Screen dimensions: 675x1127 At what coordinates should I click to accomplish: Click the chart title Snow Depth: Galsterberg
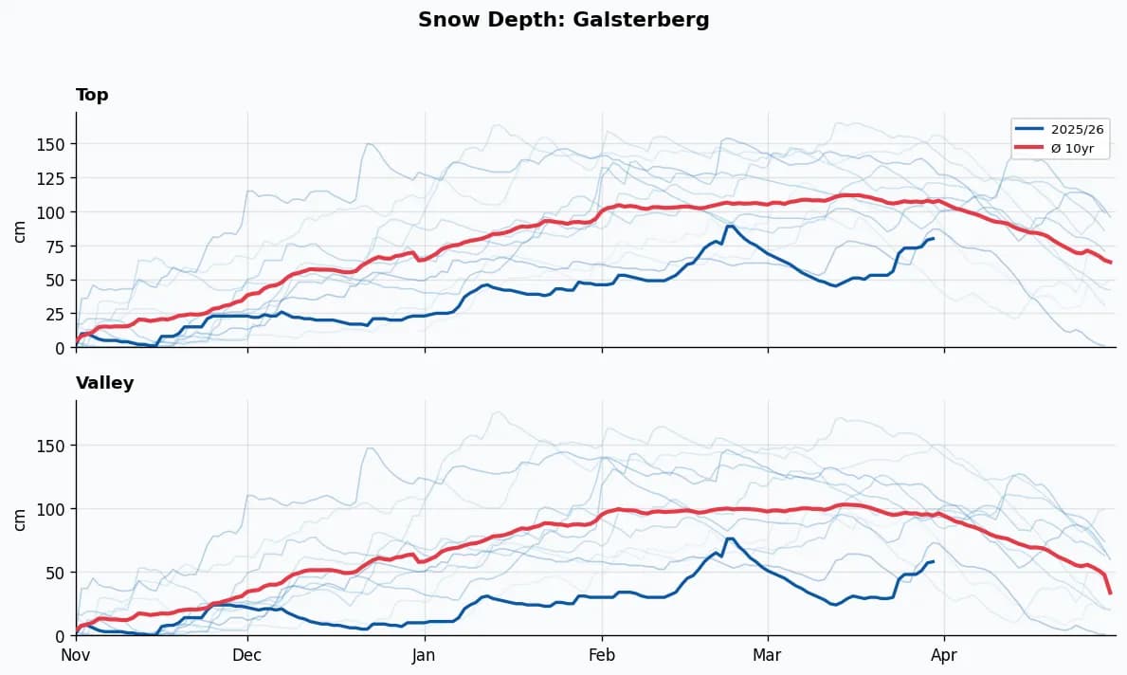(x=563, y=20)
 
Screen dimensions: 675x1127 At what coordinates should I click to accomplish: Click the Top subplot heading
(x=92, y=95)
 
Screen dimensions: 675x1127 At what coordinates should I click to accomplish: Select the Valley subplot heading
(x=104, y=383)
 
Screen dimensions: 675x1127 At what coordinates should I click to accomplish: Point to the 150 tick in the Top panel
(x=53, y=144)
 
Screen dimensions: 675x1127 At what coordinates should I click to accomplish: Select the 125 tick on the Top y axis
(x=53, y=178)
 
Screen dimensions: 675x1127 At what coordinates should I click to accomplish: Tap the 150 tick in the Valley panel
(x=53, y=446)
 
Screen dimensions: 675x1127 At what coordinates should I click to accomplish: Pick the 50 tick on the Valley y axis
(x=57, y=573)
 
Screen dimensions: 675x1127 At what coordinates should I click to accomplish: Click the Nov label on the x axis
(x=76, y=655)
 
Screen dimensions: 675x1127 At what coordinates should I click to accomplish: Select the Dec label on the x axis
(x=247, y=655)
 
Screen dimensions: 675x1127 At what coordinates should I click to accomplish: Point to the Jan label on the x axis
(x=424, y=655)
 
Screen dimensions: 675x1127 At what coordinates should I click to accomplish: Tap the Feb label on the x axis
(x=601, y=655)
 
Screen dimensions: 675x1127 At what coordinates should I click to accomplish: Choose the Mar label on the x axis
(x=767, y=655)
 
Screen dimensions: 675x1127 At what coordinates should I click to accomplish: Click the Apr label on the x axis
(x=944, y=655)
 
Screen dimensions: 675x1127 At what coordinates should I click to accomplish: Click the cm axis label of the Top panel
(x=20, y=230)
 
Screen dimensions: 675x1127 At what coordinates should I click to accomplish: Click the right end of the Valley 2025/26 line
(x=934, y=561)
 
